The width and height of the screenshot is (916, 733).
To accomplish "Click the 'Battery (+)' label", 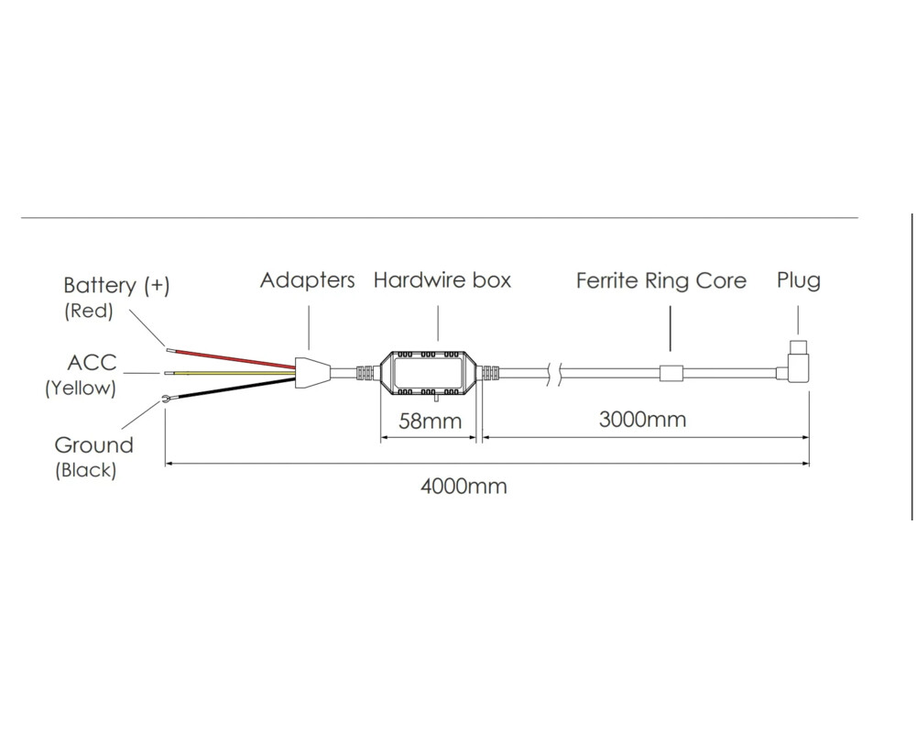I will (116, 285).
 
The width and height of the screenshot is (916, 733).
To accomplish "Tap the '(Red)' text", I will (88, 311).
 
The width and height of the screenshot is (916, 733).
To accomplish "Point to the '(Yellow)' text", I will (81, 388).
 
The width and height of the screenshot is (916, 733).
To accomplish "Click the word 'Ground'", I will (93, 446).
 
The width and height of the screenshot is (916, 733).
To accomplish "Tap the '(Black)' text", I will (85, 471).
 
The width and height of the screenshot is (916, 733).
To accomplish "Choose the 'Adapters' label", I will (307, 280).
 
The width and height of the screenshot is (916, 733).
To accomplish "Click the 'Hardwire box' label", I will (442, 280).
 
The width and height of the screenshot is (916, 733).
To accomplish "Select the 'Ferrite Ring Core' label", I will (661, 280).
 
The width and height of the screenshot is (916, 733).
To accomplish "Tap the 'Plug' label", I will (799, 280).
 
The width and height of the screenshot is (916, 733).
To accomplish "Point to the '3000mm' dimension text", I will (642, 420).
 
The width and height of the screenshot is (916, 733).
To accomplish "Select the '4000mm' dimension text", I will (463, 486).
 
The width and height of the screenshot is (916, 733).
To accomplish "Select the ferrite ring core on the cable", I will (671, 373).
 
